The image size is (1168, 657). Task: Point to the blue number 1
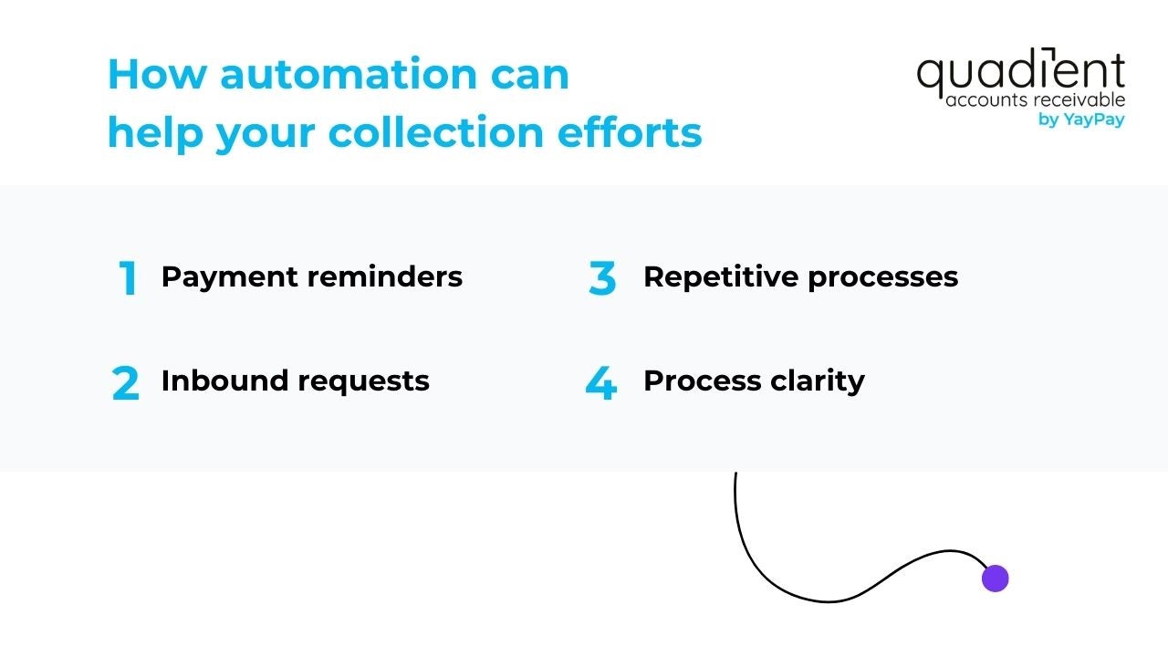(128, 279)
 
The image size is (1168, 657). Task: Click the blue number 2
(126, 384)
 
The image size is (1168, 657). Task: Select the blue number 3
(601, 279)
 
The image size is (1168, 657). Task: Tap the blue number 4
(600, 384)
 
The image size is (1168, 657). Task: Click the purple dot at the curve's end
(995, 579)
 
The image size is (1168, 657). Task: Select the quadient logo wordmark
(1020, 73)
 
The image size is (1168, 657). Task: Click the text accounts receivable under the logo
(1035, 99)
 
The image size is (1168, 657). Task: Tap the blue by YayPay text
(1081, 120)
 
